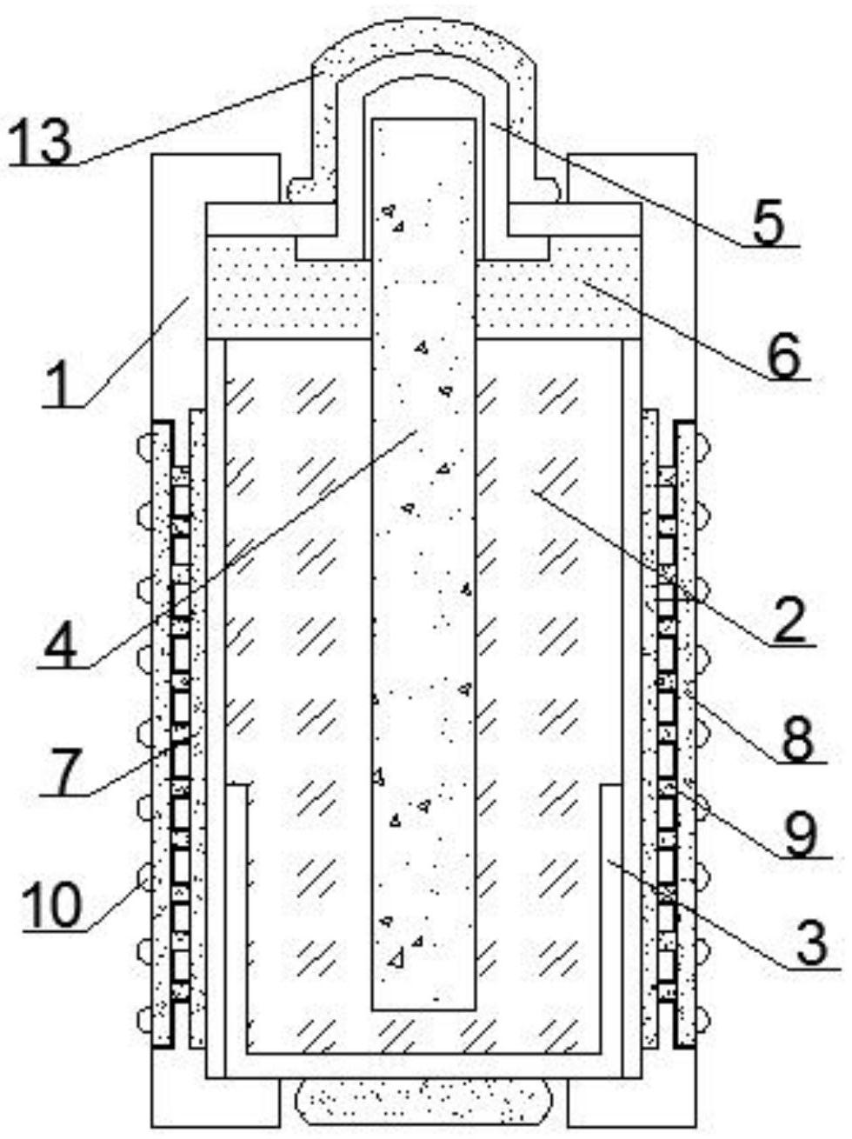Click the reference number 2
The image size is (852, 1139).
(x=791, y=621)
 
